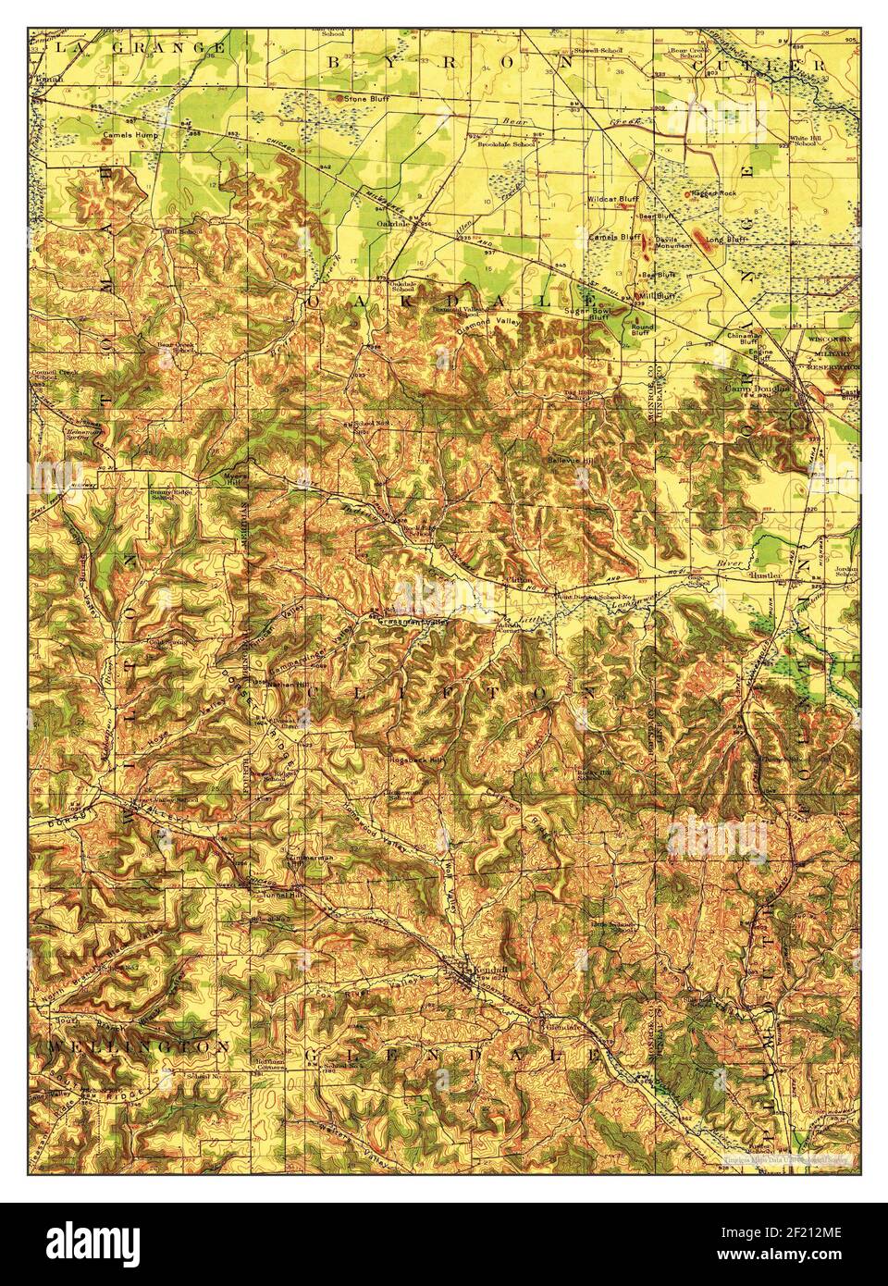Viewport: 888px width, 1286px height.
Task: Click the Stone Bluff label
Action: (363, 96)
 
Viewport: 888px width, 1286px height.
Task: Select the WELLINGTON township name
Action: (136, 1045)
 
